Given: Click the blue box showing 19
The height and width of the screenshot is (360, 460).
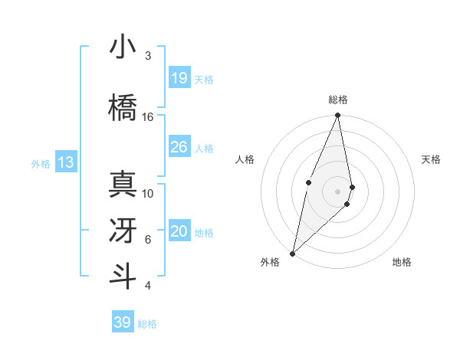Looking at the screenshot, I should point(179,78).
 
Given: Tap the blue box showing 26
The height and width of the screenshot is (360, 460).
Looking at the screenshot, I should point(179,147).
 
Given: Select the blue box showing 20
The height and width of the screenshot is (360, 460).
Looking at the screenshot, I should point(179,231).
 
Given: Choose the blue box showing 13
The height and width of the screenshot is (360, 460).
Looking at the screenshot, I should point(65,162).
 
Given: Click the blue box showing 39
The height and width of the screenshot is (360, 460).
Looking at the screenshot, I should point(122,322).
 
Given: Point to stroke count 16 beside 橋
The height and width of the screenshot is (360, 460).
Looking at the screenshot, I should point(148,117).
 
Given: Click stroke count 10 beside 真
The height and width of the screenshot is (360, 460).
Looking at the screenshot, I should point(148,194).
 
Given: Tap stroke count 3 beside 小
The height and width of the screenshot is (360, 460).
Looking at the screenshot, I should point(148,56).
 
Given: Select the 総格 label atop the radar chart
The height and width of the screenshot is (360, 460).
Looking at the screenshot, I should point(337,100).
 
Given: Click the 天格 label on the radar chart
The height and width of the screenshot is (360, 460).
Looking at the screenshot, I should point(432,159).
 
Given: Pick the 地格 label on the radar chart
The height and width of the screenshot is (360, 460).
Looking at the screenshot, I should point(402,262).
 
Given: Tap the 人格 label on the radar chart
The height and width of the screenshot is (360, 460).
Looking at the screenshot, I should point(245,159).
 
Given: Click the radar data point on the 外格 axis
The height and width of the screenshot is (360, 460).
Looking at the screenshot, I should point(292,253).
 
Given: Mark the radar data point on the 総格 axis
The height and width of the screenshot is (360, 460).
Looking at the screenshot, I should point(337,116).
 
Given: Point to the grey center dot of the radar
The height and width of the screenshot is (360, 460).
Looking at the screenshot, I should point(337,191).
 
